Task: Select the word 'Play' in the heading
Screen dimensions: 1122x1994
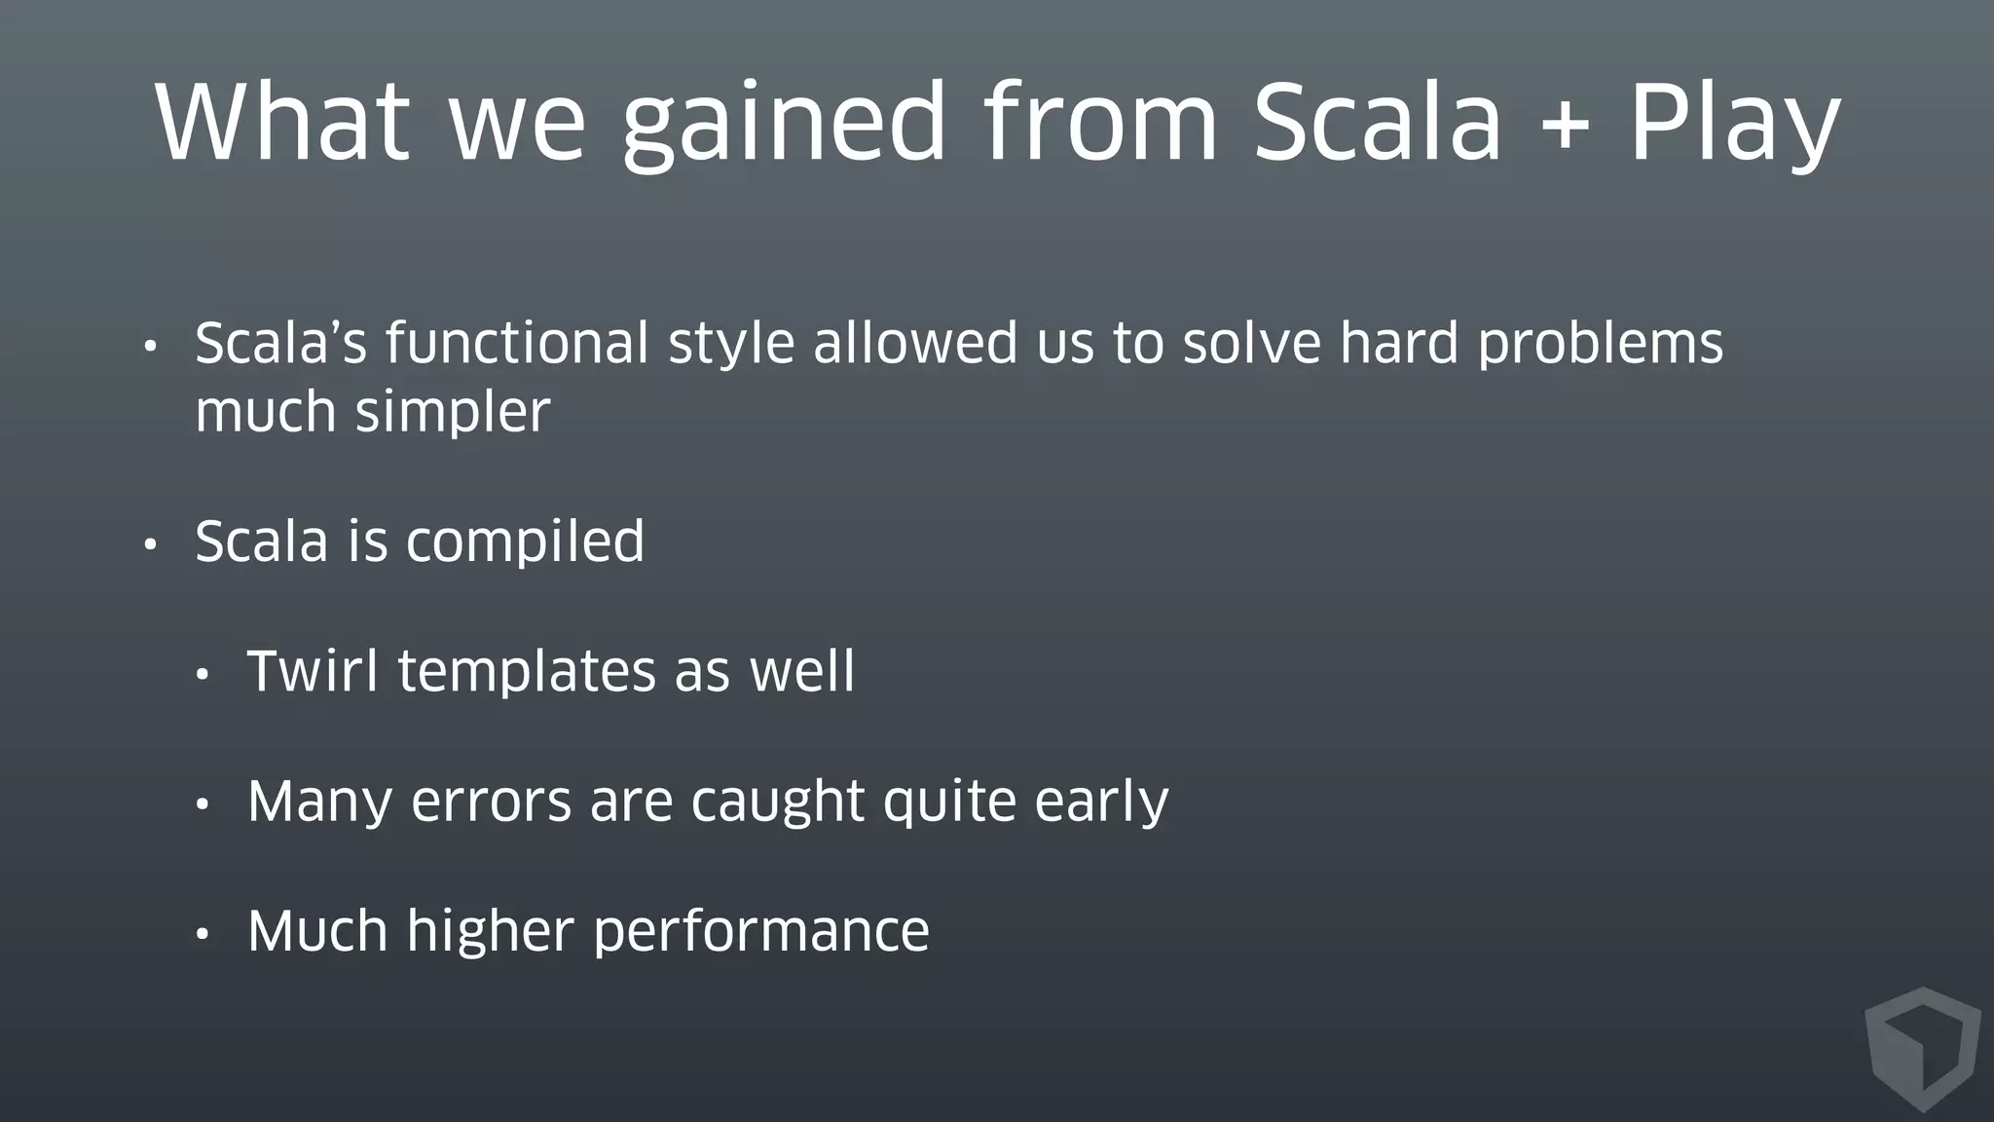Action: [x=1734, y=124]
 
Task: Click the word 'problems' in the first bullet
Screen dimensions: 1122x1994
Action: [x=1600, y=345]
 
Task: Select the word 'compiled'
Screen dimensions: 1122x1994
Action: [x=525, y=542]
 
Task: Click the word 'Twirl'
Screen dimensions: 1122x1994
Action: [x=313, y=671]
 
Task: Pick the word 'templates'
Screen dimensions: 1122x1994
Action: [x=527, y=673]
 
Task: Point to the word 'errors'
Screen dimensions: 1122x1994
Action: [x=491, y=802]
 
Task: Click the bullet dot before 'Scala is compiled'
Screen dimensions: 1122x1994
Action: [x=150, y=544]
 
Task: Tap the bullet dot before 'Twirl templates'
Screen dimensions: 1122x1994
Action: [x=203, y=675]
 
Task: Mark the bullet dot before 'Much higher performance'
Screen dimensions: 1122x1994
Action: [x=203, y=934]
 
